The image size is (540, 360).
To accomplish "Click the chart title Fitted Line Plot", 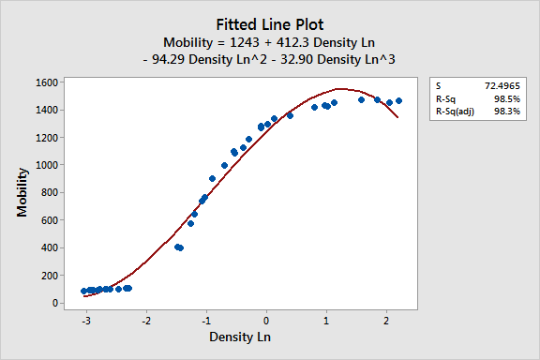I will pos(269,24).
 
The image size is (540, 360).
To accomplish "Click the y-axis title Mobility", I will pos(22,192).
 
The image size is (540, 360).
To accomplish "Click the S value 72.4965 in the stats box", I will pos(502,84).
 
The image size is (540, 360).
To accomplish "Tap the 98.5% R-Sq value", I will pos(507,97).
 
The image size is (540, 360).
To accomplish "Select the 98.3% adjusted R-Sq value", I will pos(507,111).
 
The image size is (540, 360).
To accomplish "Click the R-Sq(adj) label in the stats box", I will pos(455,111).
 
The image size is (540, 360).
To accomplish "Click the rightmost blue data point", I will pos(398,100).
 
